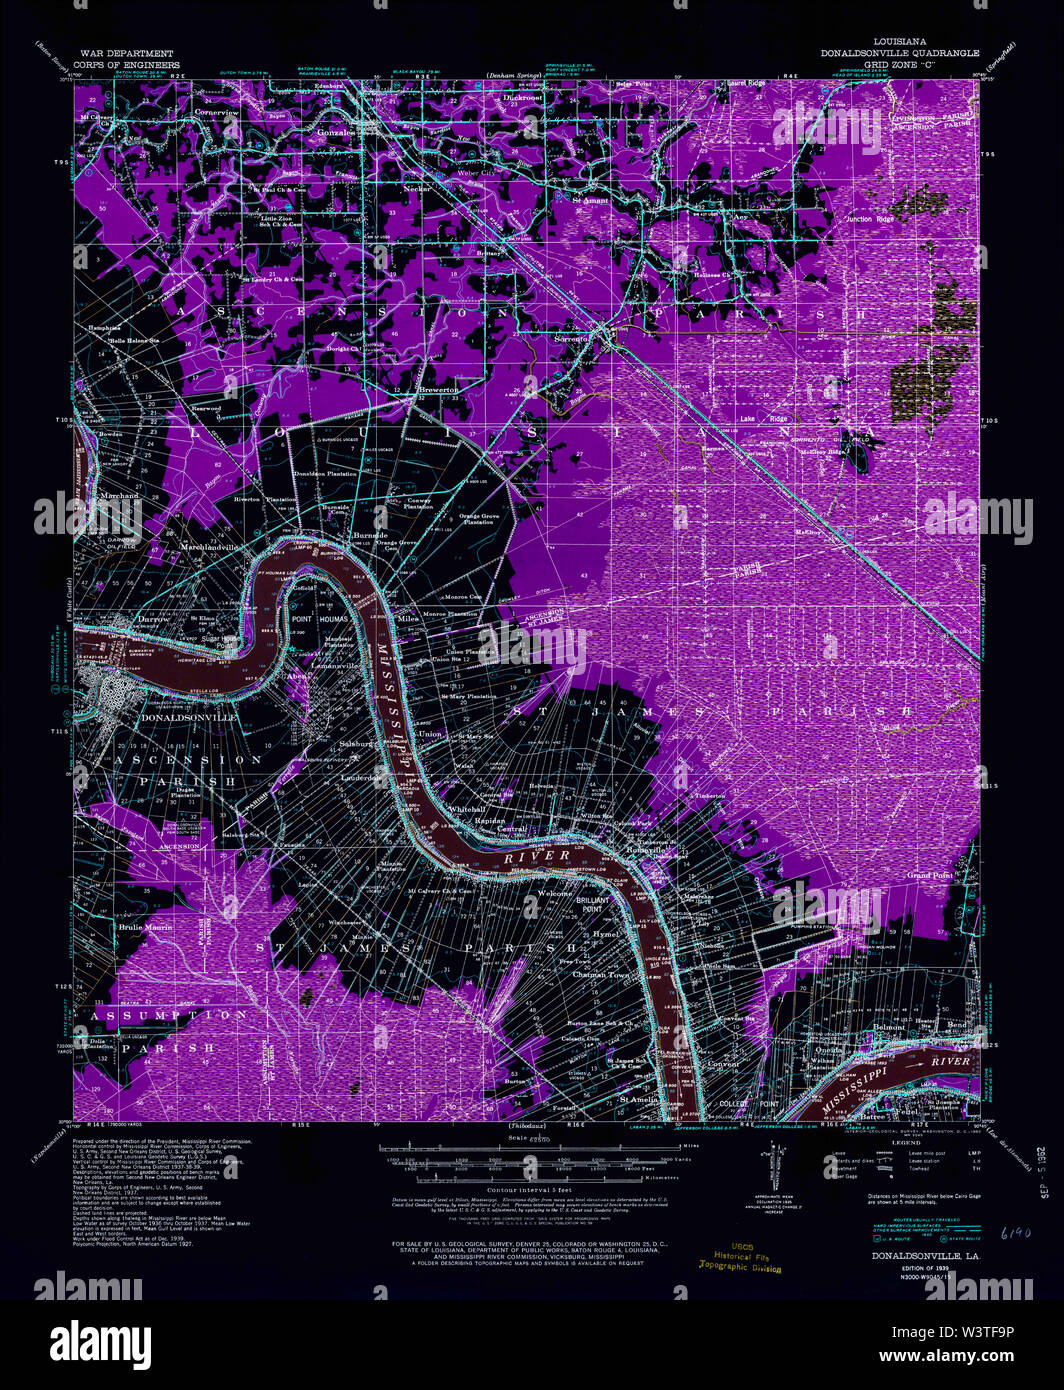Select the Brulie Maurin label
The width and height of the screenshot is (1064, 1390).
pyautogui.click(x=146, y=927)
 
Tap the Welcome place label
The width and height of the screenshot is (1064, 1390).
pyautogui.click(x=556, y=893)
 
